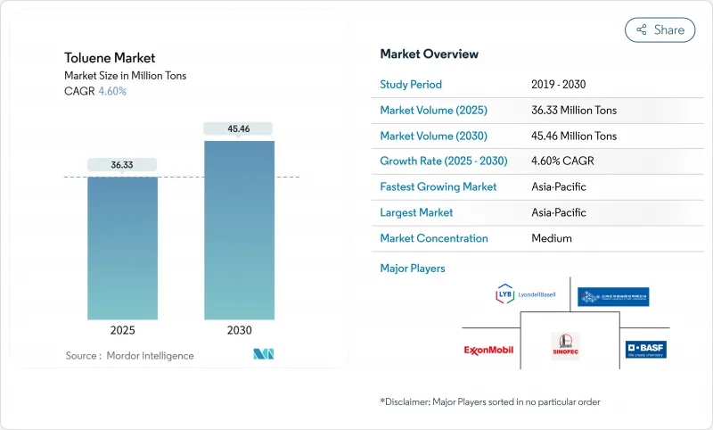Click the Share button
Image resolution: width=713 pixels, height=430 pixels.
pyautogui.click(x=660, y=29)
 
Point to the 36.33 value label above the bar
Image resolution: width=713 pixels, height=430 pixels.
pyautogui.click(x=122, y=164)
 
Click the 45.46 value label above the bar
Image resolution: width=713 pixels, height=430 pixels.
pyautogui.click(x=239, y=128)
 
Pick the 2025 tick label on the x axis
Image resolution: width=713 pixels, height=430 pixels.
pyautogui.click(x=122, y=330)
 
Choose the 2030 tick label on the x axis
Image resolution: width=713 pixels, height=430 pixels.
pyautogui.click(x=239, y=330)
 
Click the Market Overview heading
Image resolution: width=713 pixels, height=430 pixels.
pyautogui.click(x=429, y=54)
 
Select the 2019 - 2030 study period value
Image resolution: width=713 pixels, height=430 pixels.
pyautogui.click(x=558, y=85)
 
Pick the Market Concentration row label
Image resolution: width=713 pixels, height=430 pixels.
pyautogui.click(x=434, y=238)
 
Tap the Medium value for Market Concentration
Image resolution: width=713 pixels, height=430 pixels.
pyautogui.click(x=551, y=238)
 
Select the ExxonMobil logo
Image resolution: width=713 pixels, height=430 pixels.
pyautogui.click(x=488, y=349)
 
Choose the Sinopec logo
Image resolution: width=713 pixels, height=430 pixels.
pyautogui.click(x=564, y=344)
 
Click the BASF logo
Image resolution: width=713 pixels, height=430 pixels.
pyautogui.click(x=645, y=349)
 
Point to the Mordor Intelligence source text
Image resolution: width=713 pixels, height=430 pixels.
pyautogui.click(x=129, y=356)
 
